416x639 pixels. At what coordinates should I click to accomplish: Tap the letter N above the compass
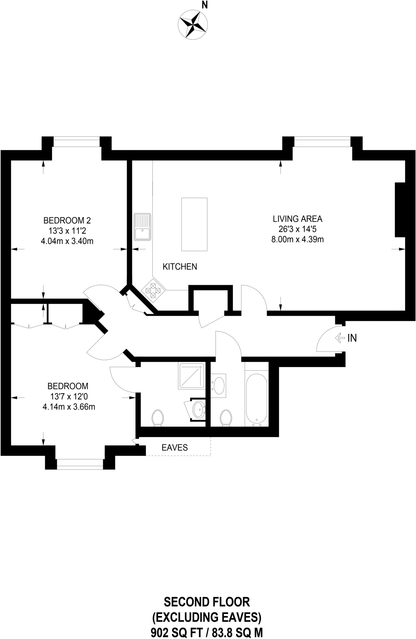pos(205,5)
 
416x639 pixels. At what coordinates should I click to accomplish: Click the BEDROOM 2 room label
pos(67,221)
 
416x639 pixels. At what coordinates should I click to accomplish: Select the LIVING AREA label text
pos(297,219)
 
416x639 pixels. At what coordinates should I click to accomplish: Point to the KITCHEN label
pos(180,266)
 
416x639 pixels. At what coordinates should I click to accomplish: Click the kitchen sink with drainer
pos(142,227)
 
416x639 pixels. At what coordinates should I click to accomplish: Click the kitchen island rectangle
pos(194,224)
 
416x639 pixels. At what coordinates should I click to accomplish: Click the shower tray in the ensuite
pos(191,376)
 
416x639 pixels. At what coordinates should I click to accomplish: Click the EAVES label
pos(175,447)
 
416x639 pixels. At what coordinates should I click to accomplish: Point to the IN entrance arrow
pos(339,338)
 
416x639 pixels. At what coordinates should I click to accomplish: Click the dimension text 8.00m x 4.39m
pos(297,240)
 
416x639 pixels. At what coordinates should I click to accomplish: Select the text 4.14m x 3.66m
pos(69,407)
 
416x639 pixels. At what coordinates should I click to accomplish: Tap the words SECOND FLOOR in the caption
pos(207,602)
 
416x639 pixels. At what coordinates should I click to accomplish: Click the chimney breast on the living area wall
pos(400,210)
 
